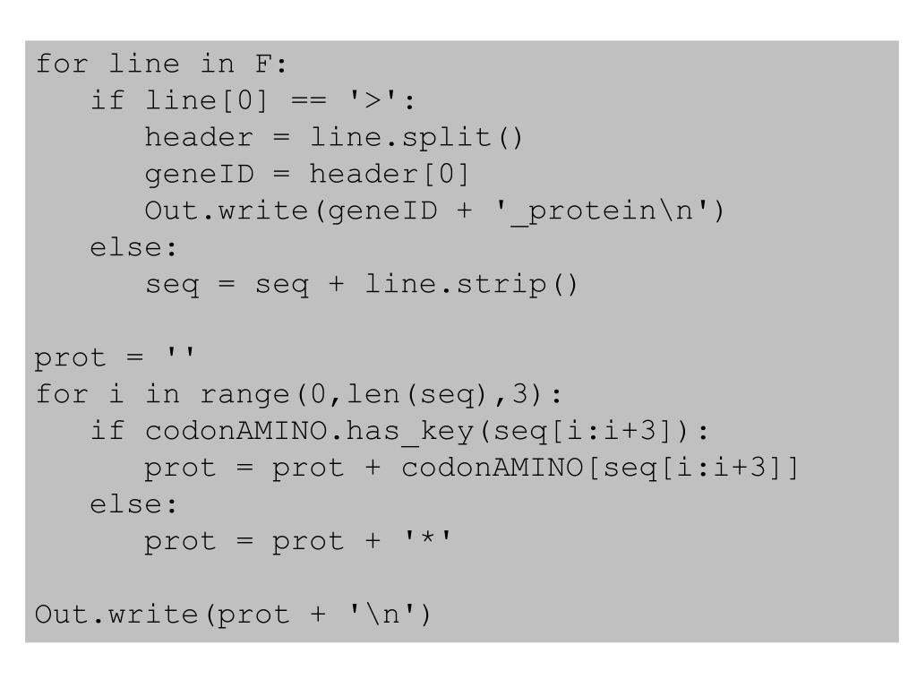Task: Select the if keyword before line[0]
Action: coord(108,101)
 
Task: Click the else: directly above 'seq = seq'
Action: coord(134,248)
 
